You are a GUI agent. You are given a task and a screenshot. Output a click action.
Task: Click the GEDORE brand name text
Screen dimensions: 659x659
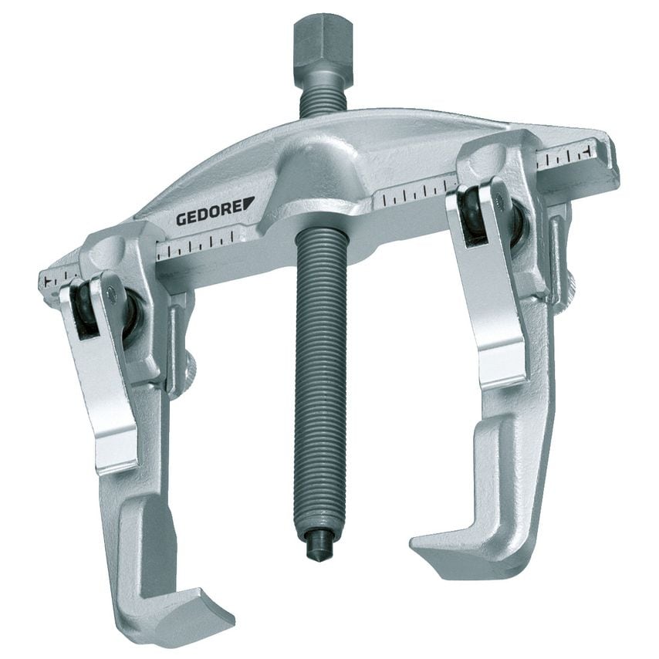[x=210, y=215]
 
